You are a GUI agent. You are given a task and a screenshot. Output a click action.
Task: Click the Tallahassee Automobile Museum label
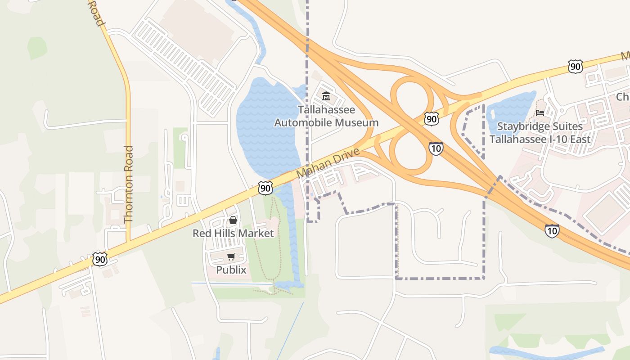(326, 116)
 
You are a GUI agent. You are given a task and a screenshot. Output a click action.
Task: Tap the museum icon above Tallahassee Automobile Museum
(326, 96)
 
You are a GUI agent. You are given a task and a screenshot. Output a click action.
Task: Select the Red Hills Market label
(233, 233)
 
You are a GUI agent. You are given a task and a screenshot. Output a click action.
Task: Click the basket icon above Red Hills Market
(233, 220)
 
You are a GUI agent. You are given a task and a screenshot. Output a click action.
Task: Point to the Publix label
(231, 270)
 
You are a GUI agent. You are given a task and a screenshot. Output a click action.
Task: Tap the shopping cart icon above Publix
(231, 256)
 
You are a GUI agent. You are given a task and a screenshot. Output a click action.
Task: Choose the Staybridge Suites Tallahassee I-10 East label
(540, 133)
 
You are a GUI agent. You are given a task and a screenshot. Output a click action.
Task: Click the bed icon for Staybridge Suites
(540, 112)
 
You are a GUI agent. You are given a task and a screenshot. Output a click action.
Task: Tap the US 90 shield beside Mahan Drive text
(265, 188)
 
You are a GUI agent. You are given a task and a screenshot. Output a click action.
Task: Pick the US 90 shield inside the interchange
(431, 119)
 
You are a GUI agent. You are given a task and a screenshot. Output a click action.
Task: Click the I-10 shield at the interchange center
(436, 148)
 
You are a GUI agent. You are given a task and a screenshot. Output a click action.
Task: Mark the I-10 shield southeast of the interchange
(552, 231)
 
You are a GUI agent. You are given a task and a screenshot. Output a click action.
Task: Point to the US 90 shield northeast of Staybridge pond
(575, 67)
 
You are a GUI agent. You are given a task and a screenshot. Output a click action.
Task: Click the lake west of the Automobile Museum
(265, 126)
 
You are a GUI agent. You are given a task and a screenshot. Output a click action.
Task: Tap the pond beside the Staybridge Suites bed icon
(511, 108)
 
